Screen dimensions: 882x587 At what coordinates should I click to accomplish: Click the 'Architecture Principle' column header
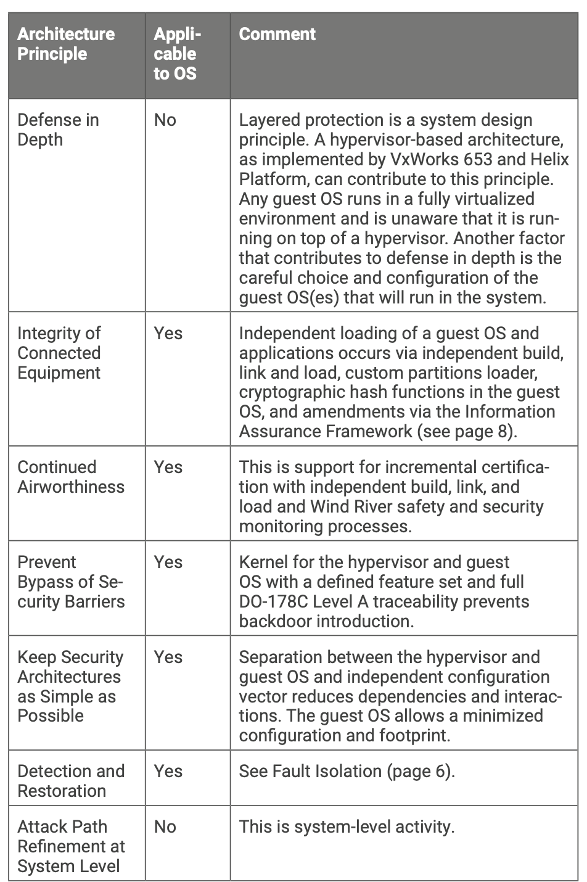point(66,43)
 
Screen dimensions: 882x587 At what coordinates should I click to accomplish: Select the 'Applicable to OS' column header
point(176,54)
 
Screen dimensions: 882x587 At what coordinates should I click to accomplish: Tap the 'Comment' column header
point(277,34)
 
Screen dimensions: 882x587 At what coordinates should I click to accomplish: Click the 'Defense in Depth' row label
point(58,130)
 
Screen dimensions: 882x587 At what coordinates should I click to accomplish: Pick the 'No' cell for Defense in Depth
point(165,120)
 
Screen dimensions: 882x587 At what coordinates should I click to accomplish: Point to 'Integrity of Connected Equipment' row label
point(59,353)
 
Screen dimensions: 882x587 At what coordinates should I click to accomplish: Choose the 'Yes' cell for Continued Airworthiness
point(168,467)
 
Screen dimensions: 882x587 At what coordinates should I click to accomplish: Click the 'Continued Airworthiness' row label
point(71,477)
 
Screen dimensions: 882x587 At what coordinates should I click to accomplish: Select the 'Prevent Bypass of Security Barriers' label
point(71,582)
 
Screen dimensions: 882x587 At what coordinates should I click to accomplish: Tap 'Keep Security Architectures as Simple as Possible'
point(70,686)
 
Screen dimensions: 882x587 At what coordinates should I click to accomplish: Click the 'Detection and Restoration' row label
point(71,781)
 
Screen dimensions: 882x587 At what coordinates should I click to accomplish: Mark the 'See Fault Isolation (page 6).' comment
point(347,771)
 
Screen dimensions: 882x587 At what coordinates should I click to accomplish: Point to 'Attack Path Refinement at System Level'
point(71,846)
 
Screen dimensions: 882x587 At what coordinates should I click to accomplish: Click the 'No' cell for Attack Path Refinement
point(165,826)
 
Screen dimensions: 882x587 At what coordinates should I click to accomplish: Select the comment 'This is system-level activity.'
point(347,826)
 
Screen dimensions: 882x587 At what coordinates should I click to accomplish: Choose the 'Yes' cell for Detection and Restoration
point(168,771)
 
